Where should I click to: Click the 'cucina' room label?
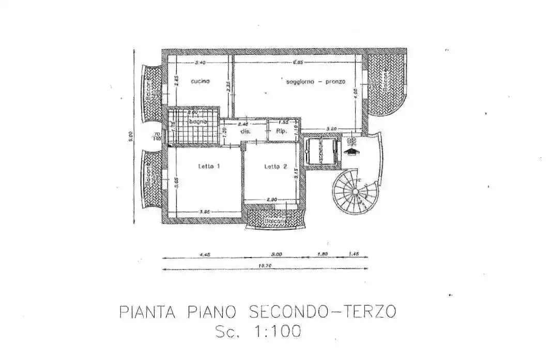tap(200, 81)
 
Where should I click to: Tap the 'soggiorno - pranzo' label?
tap(316, 82)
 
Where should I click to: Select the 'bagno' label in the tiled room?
tap(198, 122)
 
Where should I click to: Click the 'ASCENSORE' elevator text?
tap(321, 151)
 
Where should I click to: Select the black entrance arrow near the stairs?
tap(352, 151)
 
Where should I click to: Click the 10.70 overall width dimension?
tap(265, 265)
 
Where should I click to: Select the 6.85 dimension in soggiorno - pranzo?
tap(298, 62)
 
